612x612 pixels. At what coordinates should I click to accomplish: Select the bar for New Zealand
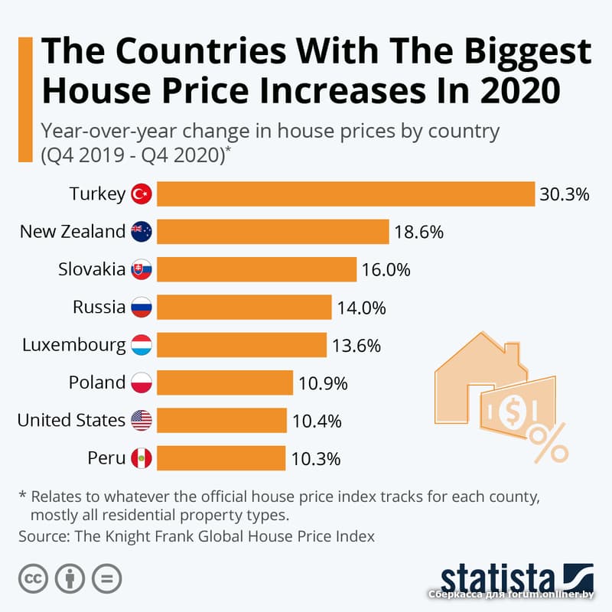point(275,232)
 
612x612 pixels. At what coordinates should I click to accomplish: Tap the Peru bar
point(222,458)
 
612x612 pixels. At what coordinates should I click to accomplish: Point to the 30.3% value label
point(564,194)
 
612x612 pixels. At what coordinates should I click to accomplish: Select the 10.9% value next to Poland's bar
point(322,382)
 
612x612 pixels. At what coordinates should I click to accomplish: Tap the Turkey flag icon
point(142,194)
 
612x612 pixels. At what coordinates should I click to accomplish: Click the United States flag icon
point(142,420)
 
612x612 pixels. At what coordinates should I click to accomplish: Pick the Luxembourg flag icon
point(142,345)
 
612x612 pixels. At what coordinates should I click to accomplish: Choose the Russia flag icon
point(142,308)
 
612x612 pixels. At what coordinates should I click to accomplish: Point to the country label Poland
point(96,382)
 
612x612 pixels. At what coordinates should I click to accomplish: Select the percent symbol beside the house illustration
point(549,443)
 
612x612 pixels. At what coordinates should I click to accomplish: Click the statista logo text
point(498,579)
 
